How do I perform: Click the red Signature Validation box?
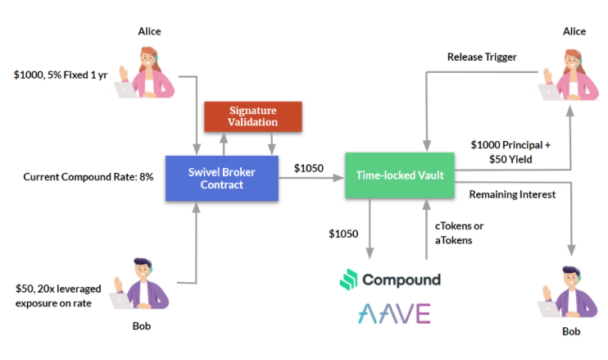[x=252, y=116]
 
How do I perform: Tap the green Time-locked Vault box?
[x=398, y=175]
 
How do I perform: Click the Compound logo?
[x=390, y=280]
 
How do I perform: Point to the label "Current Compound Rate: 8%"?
[x=88, y=177]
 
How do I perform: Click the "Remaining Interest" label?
[x=511, y=194]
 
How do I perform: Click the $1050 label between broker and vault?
[x=309, y=169]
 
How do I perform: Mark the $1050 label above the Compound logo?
[x=343, y=233]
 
